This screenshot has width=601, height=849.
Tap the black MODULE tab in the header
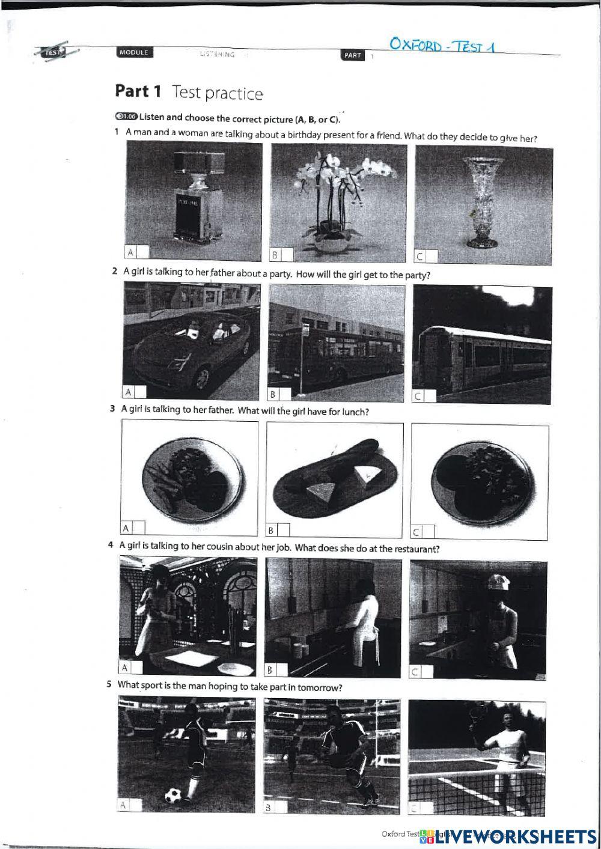(x=133, y=53)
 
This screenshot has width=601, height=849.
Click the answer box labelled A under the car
(x=139, y=392)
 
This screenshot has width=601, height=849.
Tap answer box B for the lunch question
(x=283, y=530)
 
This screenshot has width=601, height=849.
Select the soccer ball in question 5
(x=175, y=794)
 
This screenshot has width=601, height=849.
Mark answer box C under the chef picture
(x=428, y=672)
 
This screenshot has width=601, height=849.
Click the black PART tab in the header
(x=353, y=55)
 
